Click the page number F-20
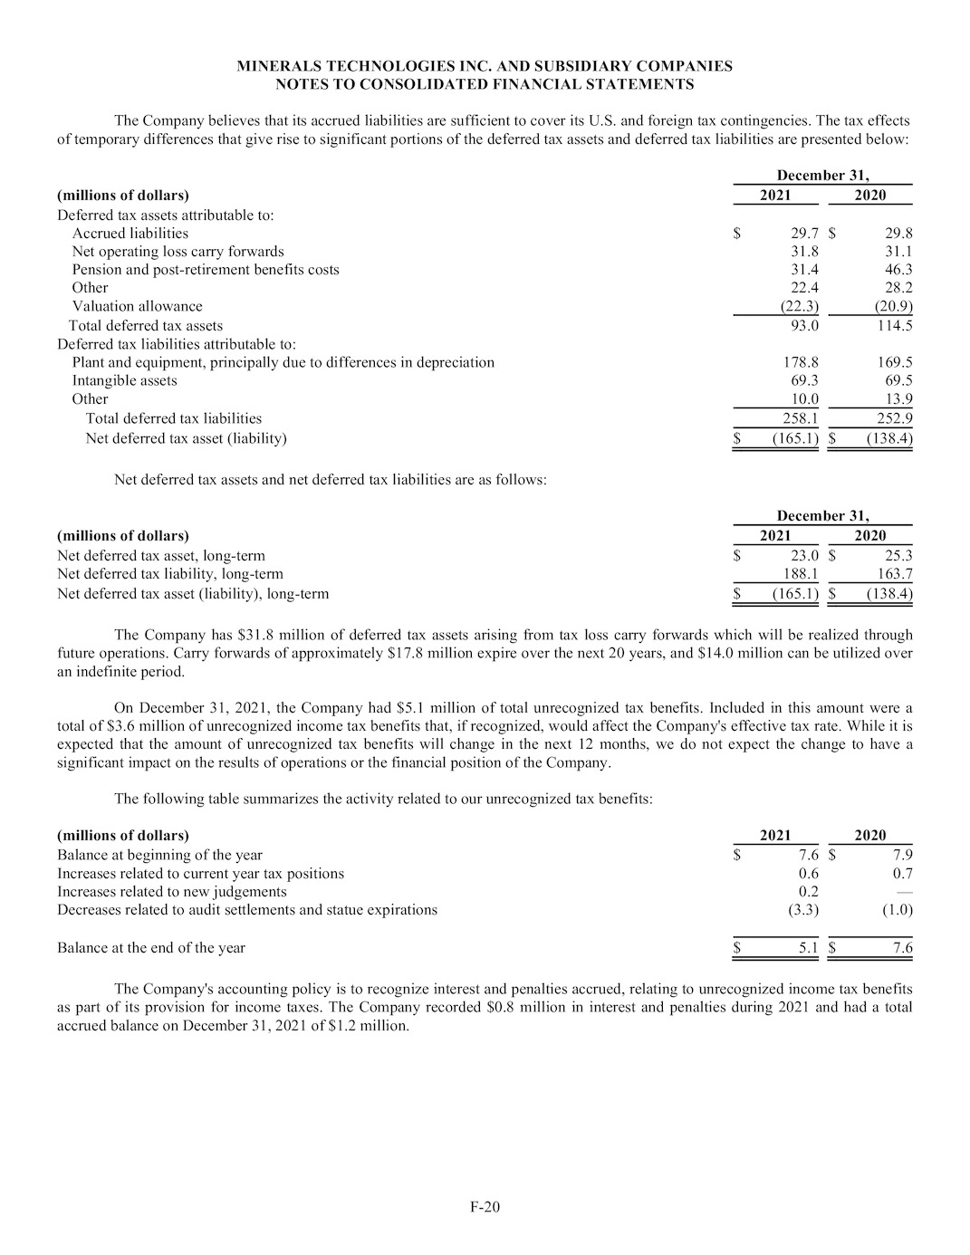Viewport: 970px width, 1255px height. [485, 1206]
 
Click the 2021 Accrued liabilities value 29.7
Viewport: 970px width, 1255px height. [804, 234]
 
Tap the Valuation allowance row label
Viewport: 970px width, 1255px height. [138, 306]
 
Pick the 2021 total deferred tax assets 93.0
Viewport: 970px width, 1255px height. [804, 325]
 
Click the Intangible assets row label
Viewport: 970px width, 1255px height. [125, 380]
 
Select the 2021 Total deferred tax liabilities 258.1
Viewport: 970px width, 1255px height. [801, 418]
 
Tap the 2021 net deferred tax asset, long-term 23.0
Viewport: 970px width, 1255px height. [804, 556]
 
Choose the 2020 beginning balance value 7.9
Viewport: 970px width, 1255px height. [902, 855]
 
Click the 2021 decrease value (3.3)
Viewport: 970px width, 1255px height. [803, 909]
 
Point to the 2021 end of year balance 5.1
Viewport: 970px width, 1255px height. [809, 948]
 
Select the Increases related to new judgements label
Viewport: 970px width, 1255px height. [172, 891]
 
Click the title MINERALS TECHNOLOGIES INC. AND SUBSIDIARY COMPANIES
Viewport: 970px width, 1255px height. [485, 66]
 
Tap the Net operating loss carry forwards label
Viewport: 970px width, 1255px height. [178, 252]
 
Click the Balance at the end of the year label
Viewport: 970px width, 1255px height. [151, 948]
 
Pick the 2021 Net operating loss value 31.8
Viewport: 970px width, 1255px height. [804, 252]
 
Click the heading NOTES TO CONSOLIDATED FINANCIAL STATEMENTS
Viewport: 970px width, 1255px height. [485, 84]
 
